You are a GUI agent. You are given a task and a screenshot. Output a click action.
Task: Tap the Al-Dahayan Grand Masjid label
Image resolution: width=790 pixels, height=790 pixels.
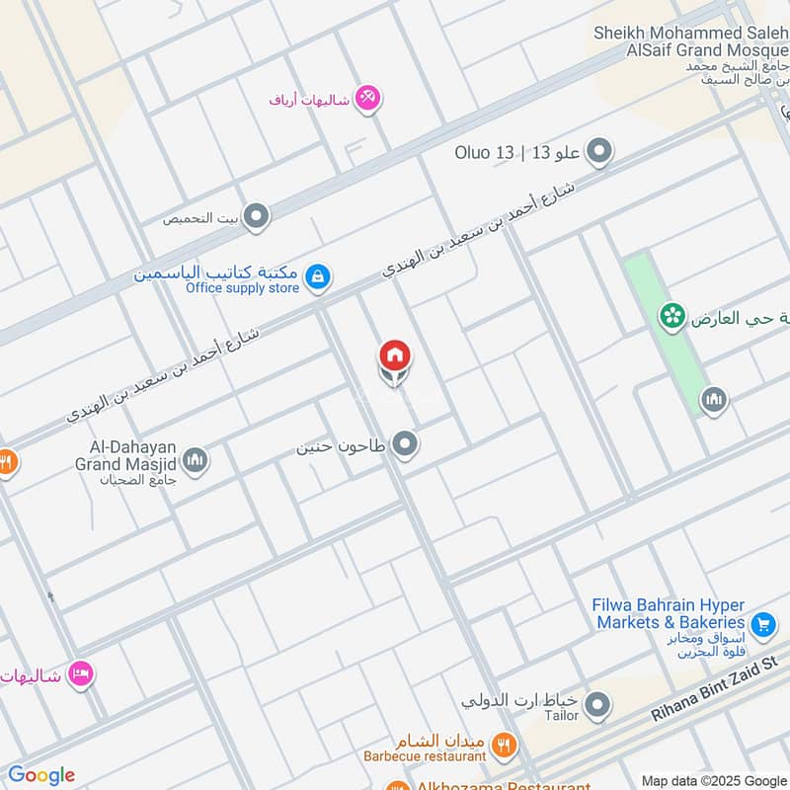pos(125,461)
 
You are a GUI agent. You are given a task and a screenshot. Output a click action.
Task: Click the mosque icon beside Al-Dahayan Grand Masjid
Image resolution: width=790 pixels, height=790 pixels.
pos(196,460)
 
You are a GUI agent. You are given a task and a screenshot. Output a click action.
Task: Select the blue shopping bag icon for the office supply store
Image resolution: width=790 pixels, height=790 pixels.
pos(317,277)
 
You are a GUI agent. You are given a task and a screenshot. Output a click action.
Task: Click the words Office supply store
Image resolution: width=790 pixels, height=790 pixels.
pos(242,288)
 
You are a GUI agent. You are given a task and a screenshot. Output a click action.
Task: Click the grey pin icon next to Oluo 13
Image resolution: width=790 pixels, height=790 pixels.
pos(598,152)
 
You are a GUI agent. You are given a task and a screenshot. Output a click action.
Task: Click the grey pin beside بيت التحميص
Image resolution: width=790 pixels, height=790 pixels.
pos(257,217)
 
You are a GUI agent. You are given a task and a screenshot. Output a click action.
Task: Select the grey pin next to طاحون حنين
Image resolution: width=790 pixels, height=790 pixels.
pos(403,446)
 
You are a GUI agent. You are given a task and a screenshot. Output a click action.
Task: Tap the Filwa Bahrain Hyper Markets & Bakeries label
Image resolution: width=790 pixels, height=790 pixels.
pos(669,613)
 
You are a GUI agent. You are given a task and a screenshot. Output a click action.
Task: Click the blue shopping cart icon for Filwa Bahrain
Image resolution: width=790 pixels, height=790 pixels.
pos(761,624)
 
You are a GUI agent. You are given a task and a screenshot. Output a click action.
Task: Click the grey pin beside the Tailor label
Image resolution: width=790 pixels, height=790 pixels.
pos(596,706)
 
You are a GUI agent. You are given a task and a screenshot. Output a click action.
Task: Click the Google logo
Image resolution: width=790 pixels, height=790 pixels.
pos(41,774)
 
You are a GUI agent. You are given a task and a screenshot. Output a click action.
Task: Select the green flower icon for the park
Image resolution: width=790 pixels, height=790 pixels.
pos(673,317)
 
